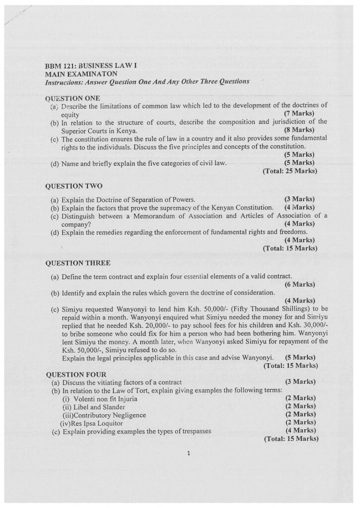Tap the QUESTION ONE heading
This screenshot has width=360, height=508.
72,98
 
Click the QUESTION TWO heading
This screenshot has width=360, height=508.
73,186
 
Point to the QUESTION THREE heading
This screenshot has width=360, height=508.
77,262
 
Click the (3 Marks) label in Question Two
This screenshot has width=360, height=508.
300,199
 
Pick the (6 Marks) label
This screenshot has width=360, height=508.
300,284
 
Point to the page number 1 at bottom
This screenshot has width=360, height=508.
189,452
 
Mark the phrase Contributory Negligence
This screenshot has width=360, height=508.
109,415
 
